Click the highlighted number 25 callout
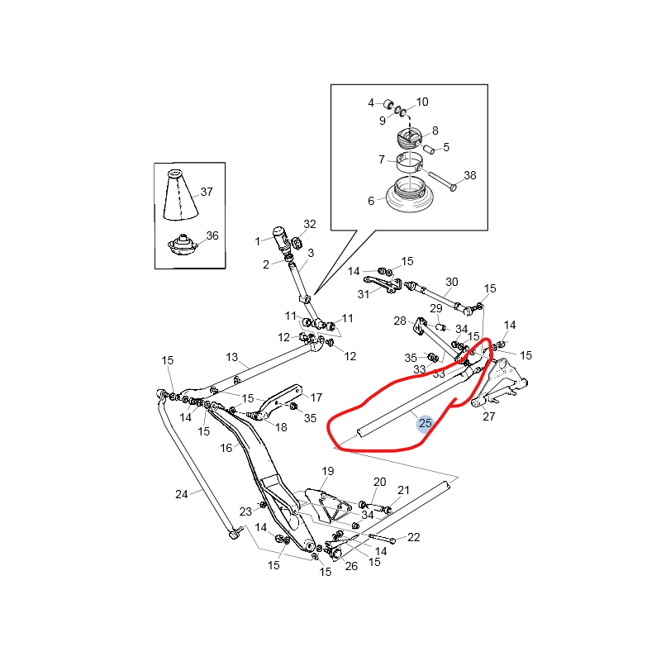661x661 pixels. [x=426, y=423]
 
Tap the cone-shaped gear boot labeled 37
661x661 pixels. [x=180, y=196]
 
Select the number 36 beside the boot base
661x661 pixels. [x=212, y=235]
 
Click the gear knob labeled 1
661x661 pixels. [x=280, y=239]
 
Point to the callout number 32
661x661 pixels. [x=310, y=224]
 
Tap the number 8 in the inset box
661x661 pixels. [x=435, y=131]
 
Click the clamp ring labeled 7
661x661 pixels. [x=408, y=163]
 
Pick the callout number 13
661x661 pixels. [x=231, y=358]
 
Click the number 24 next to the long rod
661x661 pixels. [x=182, y=494]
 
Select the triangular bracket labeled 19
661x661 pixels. [x=328, y=505]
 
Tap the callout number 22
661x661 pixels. [x=414, y=537]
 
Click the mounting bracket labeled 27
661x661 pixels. [x=500, y=383]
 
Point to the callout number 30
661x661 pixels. [x=451, y=282]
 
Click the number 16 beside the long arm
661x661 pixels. [x=226, y=448]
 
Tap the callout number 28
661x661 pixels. [x=400, y=321]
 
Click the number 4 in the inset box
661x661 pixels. [x=371, y=102]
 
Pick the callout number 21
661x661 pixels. [x=403, y=490]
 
